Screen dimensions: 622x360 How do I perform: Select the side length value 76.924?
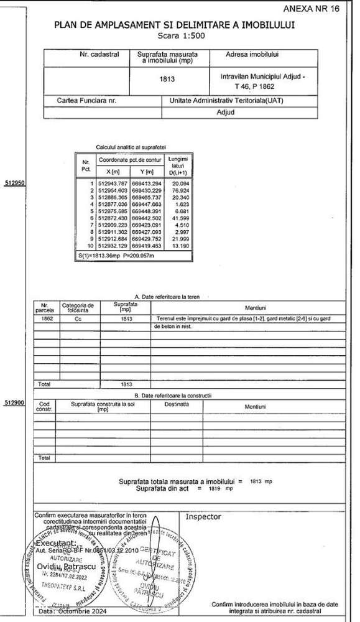180,190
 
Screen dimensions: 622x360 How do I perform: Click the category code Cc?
78,318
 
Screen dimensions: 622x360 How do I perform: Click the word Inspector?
203,516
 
